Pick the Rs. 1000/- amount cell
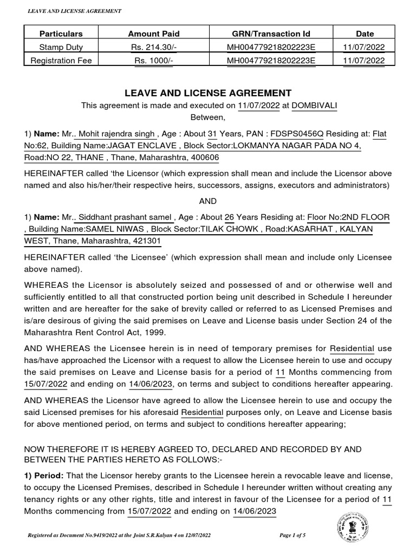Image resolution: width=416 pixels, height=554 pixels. [153, 61]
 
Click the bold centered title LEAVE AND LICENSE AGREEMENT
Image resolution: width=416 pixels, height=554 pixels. [209, 93]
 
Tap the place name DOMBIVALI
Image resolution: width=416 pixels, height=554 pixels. [314, 106]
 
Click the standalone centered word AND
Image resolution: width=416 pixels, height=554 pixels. [208, 201]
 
